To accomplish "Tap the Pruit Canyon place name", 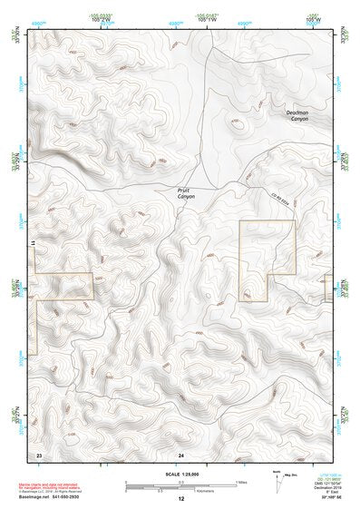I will pos(185,192).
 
